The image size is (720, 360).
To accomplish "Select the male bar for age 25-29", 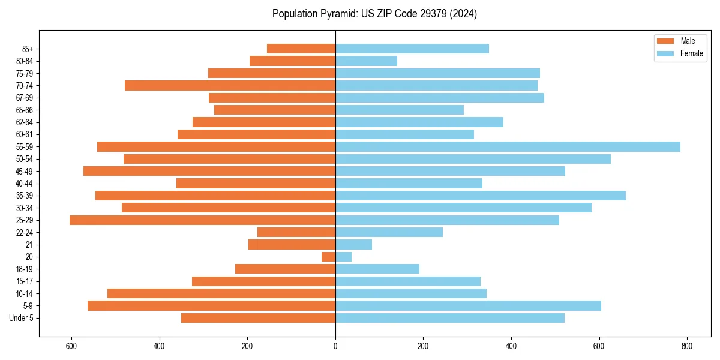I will pyautogui.click(x=202, y=220).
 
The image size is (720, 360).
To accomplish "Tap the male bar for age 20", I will pyautogui.click(x=328, y=257).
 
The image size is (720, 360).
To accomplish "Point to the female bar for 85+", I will pyautogui.click(x=412, y=49).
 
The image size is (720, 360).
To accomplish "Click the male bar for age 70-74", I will pyautogui.click(x=230, y=85).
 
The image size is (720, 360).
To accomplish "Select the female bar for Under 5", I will pyautogui.click(x=450, y=318).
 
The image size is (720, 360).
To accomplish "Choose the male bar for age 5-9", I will pyautogui.click(x=211, y=306).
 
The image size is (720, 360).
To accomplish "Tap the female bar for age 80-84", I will pyautogui.click(x=366, y=61).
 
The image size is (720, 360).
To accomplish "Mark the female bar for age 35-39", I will pyautogui.click(x=481, y=196).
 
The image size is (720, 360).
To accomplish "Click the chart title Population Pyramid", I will pyautogui.click(x=374, y=14).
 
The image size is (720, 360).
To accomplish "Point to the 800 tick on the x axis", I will pyautogui.click(x=687, y=346).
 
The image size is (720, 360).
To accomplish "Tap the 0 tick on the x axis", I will pyautogui.click(x=335, y=346).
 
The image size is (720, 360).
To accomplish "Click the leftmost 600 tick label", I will pyautogui.click(x=71, y=346).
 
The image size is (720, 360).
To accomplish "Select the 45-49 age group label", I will pyautogui.click(x=24, y=171).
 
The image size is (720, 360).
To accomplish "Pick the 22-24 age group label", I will pyautogui.click(x=24, y=233).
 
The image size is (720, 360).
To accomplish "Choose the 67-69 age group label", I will pyautogui.click(x=24, y=98).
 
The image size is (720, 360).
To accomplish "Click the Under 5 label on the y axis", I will pyautogui.click(x=22, y=318).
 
